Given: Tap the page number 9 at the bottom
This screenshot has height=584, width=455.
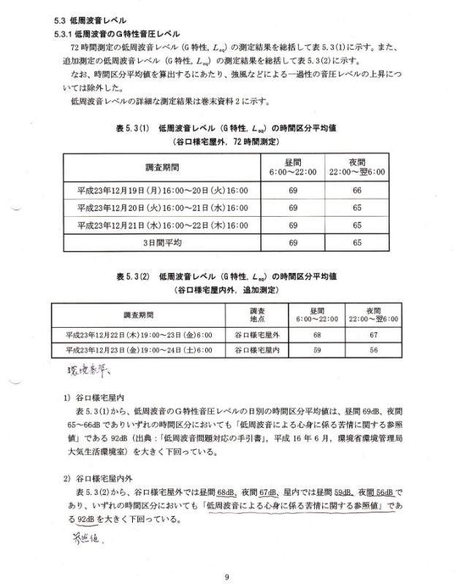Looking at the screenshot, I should pyautogui.click(x=227, y=557).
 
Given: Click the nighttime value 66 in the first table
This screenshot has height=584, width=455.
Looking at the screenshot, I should pyautogui.click(x=358, y=190).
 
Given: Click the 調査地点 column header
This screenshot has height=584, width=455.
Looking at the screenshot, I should pyautogui.click(x=258, y=315).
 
